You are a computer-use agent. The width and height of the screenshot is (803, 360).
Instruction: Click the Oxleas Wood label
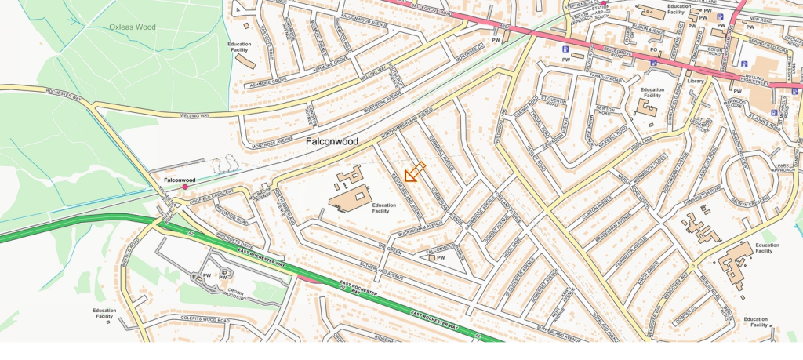132,27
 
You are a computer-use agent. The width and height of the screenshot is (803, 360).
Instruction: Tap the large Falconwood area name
332,142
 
